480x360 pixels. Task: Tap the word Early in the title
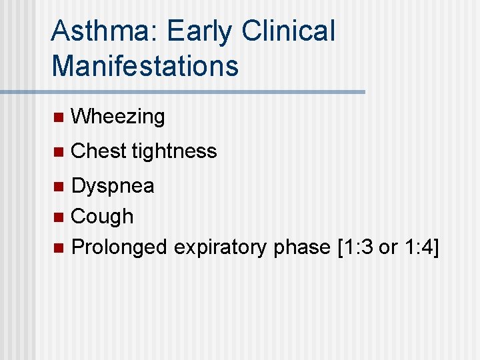click(x=201, y=31)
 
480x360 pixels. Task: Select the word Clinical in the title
click(x=289, y=31)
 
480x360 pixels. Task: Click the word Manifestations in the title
click(x=145, y=65)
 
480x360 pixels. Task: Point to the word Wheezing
click(x=118, y=117)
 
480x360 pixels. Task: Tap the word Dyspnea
click(x=113, y=186)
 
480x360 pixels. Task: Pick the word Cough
click(x=102, y=216)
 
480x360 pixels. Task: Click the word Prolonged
click(x=119, y=247)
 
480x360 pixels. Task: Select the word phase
click(x=302, y=247)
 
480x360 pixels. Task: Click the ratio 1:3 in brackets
click(x=359, y=247)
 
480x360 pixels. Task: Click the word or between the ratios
click(x=388, y=247)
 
